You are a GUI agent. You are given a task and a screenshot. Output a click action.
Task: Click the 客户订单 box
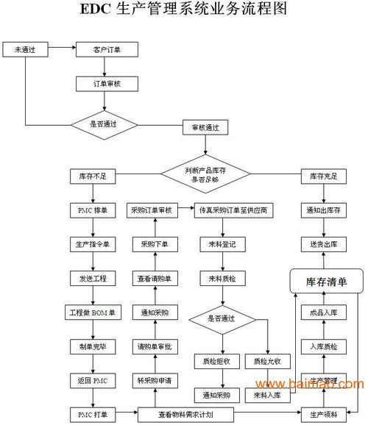click(x=105, y=50)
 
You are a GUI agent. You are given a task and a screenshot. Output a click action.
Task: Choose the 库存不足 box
click(x=93, y=176)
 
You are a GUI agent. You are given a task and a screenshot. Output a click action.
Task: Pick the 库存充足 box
click(x=322, y=176)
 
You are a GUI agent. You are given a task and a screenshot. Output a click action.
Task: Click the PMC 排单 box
click(x=93, y=210)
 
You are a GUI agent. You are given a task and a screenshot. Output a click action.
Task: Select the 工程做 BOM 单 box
click(x=93, y=312)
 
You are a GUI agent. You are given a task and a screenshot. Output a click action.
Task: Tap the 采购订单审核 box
click(x=151, y=210)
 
